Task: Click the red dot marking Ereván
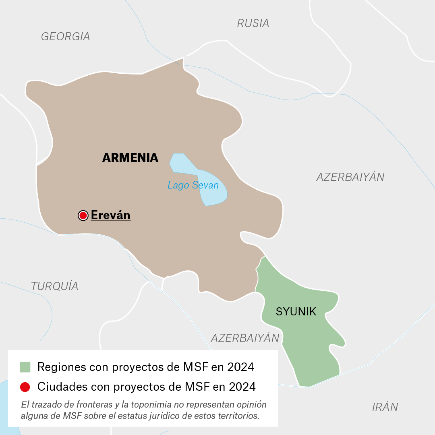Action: pyautogui.click(x=83, y=215)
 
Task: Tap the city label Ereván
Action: pyautogui.click(x=110, y=215)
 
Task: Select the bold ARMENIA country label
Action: pyautogui.click(x=130, y=157)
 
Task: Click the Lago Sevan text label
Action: pyautogui.click(x=193, y=185)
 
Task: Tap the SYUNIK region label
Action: pyautogui.click(x=296, y=311)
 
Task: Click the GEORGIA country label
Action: pyautogui.click(x=66, y=37)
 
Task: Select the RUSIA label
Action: pyautogui.click(x=253, y=23)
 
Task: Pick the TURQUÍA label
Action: pyautogui.click(x=55, y=286)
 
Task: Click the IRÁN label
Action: pyautogui.click(x=385, y=407)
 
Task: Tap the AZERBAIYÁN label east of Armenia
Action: pyautogui.click(x=350, y=177)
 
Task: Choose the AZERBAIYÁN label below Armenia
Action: pyautogui.click(x=245, y=338)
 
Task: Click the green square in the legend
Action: pyautogui.click(x=25, y=367)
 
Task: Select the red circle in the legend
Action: pyautogui.click(x=25, y=387)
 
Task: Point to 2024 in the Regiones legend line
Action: pyautogui.click(x=240, y=367)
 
